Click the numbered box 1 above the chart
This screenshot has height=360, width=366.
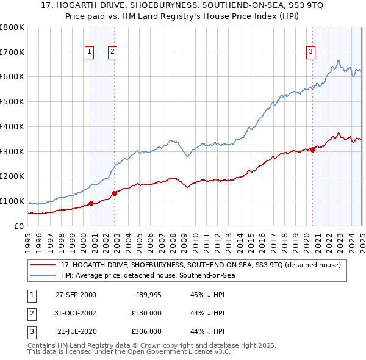coord(90,52)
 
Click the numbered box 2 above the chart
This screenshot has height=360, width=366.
coord(113,52)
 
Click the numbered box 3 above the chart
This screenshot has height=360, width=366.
coord(310,52)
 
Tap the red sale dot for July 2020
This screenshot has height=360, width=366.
coord(312,149)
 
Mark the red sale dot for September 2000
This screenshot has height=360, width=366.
coord(91,203)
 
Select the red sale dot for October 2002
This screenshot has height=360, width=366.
coord(115,193)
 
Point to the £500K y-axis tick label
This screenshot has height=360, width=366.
coord(12,102)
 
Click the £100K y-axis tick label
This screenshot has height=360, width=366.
coord(12,201)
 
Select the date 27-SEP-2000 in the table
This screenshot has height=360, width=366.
coord(76,295)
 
